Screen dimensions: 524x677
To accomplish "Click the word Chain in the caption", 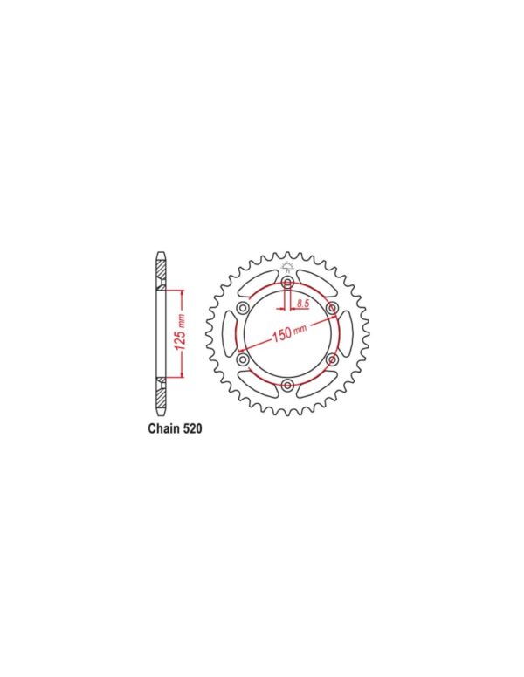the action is [164, 428].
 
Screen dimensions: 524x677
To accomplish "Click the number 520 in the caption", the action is [193, 428].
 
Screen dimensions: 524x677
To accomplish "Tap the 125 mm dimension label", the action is [181, 332].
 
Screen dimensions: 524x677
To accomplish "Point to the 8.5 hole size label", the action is [303, 304].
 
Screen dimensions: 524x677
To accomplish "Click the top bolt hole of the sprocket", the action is [287, 284].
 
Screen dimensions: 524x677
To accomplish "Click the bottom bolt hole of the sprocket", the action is [287, 385].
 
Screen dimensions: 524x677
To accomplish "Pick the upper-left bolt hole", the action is [244, 308].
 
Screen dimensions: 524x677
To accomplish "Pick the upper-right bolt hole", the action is [332, 308].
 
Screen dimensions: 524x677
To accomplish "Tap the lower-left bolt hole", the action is [244, 359].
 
